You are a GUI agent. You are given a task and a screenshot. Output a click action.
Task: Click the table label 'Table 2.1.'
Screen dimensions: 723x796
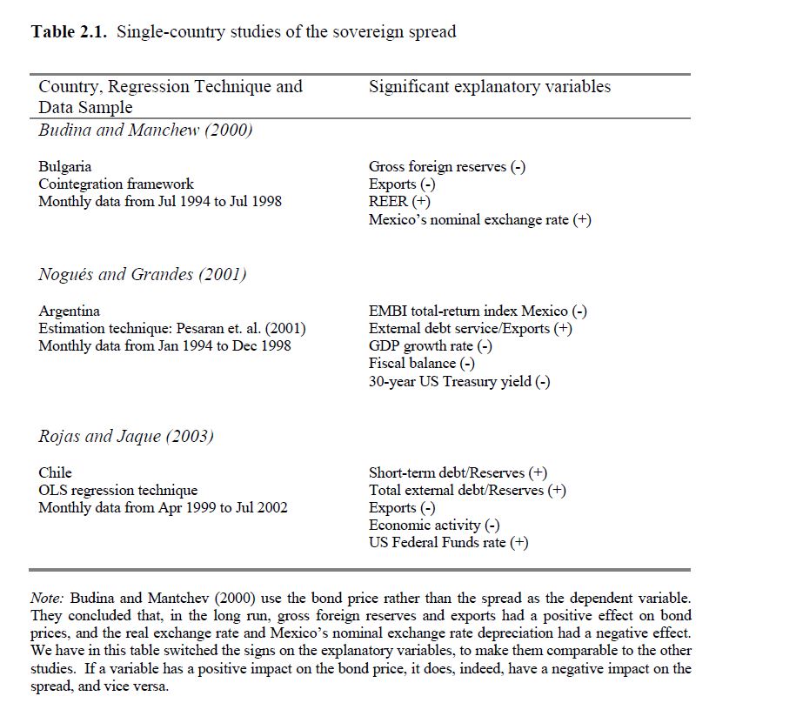(70, 32)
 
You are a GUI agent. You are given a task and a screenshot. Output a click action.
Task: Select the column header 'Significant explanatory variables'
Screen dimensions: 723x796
(489, 87)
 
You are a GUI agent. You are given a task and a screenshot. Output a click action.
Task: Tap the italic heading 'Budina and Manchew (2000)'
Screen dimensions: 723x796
(145, 131)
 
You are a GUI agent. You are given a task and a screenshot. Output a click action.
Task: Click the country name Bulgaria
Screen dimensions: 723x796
(64, 166)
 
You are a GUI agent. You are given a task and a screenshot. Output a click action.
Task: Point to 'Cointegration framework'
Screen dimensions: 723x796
(116, 184)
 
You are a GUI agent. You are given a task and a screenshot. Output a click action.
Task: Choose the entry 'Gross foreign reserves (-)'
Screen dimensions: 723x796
(446, 166)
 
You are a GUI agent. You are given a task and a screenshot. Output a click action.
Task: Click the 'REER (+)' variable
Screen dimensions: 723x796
(399, 202)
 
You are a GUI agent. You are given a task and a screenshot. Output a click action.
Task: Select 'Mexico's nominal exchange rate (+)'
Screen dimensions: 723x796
(479, 220)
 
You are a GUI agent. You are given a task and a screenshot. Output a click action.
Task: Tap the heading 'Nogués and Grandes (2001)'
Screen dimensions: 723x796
(143, 274)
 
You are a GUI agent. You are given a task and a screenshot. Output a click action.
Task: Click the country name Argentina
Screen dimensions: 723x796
(69, 311)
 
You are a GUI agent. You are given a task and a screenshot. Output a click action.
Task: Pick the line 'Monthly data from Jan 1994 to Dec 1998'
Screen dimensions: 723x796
(164, 346)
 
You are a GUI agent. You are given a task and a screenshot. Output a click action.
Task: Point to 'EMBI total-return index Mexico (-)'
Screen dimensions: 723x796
(478, 311)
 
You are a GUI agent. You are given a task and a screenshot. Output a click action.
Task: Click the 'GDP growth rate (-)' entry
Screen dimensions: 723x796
(431, 346)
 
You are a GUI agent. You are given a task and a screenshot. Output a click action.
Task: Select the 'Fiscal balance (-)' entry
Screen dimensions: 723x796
(422, 364)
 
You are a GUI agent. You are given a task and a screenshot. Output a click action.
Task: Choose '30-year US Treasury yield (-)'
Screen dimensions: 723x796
(458, 381)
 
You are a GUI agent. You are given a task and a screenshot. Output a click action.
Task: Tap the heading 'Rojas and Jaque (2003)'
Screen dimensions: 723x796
(126, 436)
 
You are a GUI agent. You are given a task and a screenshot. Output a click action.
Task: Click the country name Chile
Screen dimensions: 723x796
(55, 472)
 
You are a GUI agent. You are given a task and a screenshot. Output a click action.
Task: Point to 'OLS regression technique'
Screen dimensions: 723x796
(117, 490)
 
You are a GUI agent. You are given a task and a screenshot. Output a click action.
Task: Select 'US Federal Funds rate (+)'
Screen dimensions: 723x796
(448, 543)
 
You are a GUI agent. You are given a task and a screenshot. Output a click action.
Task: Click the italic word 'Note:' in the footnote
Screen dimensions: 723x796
(47, 599)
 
